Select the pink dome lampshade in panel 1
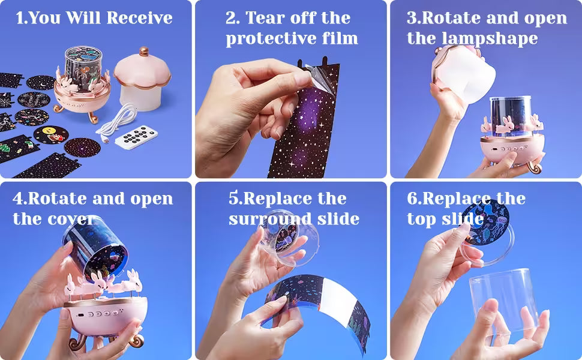tap(142, 78)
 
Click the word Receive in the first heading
tap(139, 18)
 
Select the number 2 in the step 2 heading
tap(232, 18)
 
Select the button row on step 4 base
tap(99, 313)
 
